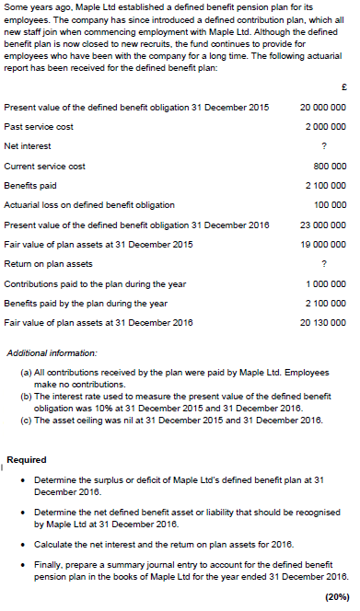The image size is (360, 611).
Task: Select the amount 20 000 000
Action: click(x=322, y=107)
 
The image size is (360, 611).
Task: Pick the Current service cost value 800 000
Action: click(x=330, y=167)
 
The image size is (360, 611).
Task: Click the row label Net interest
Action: click(x=28, y=146)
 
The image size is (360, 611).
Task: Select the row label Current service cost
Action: click(x=44, y=167)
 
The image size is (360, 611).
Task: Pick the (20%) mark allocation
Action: click(x=337, y=596)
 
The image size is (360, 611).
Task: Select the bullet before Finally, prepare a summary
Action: click(x=22, y=568)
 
